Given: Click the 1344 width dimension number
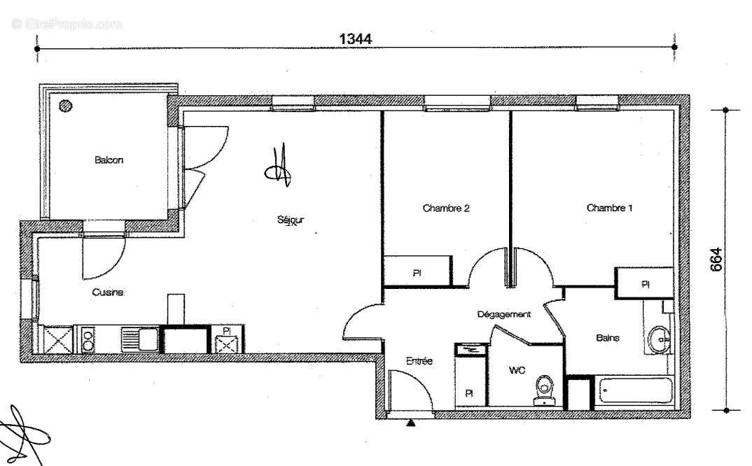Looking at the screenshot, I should click(x=355, y=38).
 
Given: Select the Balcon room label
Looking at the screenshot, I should click(x=109, y=160).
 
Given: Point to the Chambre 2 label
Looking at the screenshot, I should click(x=445, y=208).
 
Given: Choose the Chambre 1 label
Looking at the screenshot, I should click(x=609, y=208).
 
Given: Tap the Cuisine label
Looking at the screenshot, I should click(x=108, y=292).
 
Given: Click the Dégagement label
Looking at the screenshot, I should click(x=503, y=314).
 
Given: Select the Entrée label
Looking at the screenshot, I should click(x=419, y=361).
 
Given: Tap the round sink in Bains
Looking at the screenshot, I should click(x=658, y=340).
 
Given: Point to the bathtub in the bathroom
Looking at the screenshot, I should click(x=634, y=393).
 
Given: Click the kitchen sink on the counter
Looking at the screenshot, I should click(x=139, y=339).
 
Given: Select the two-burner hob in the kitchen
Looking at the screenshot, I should click(x=88, y=340).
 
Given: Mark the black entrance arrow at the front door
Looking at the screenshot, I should click(x=410, y=423).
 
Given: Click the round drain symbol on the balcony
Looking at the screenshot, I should click(x=66, y=106).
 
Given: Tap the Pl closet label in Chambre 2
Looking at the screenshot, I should click(x=416, y=274).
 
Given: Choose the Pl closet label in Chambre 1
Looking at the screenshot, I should click(x=644, y=284).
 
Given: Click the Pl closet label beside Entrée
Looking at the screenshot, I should click(x=468, y=393).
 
